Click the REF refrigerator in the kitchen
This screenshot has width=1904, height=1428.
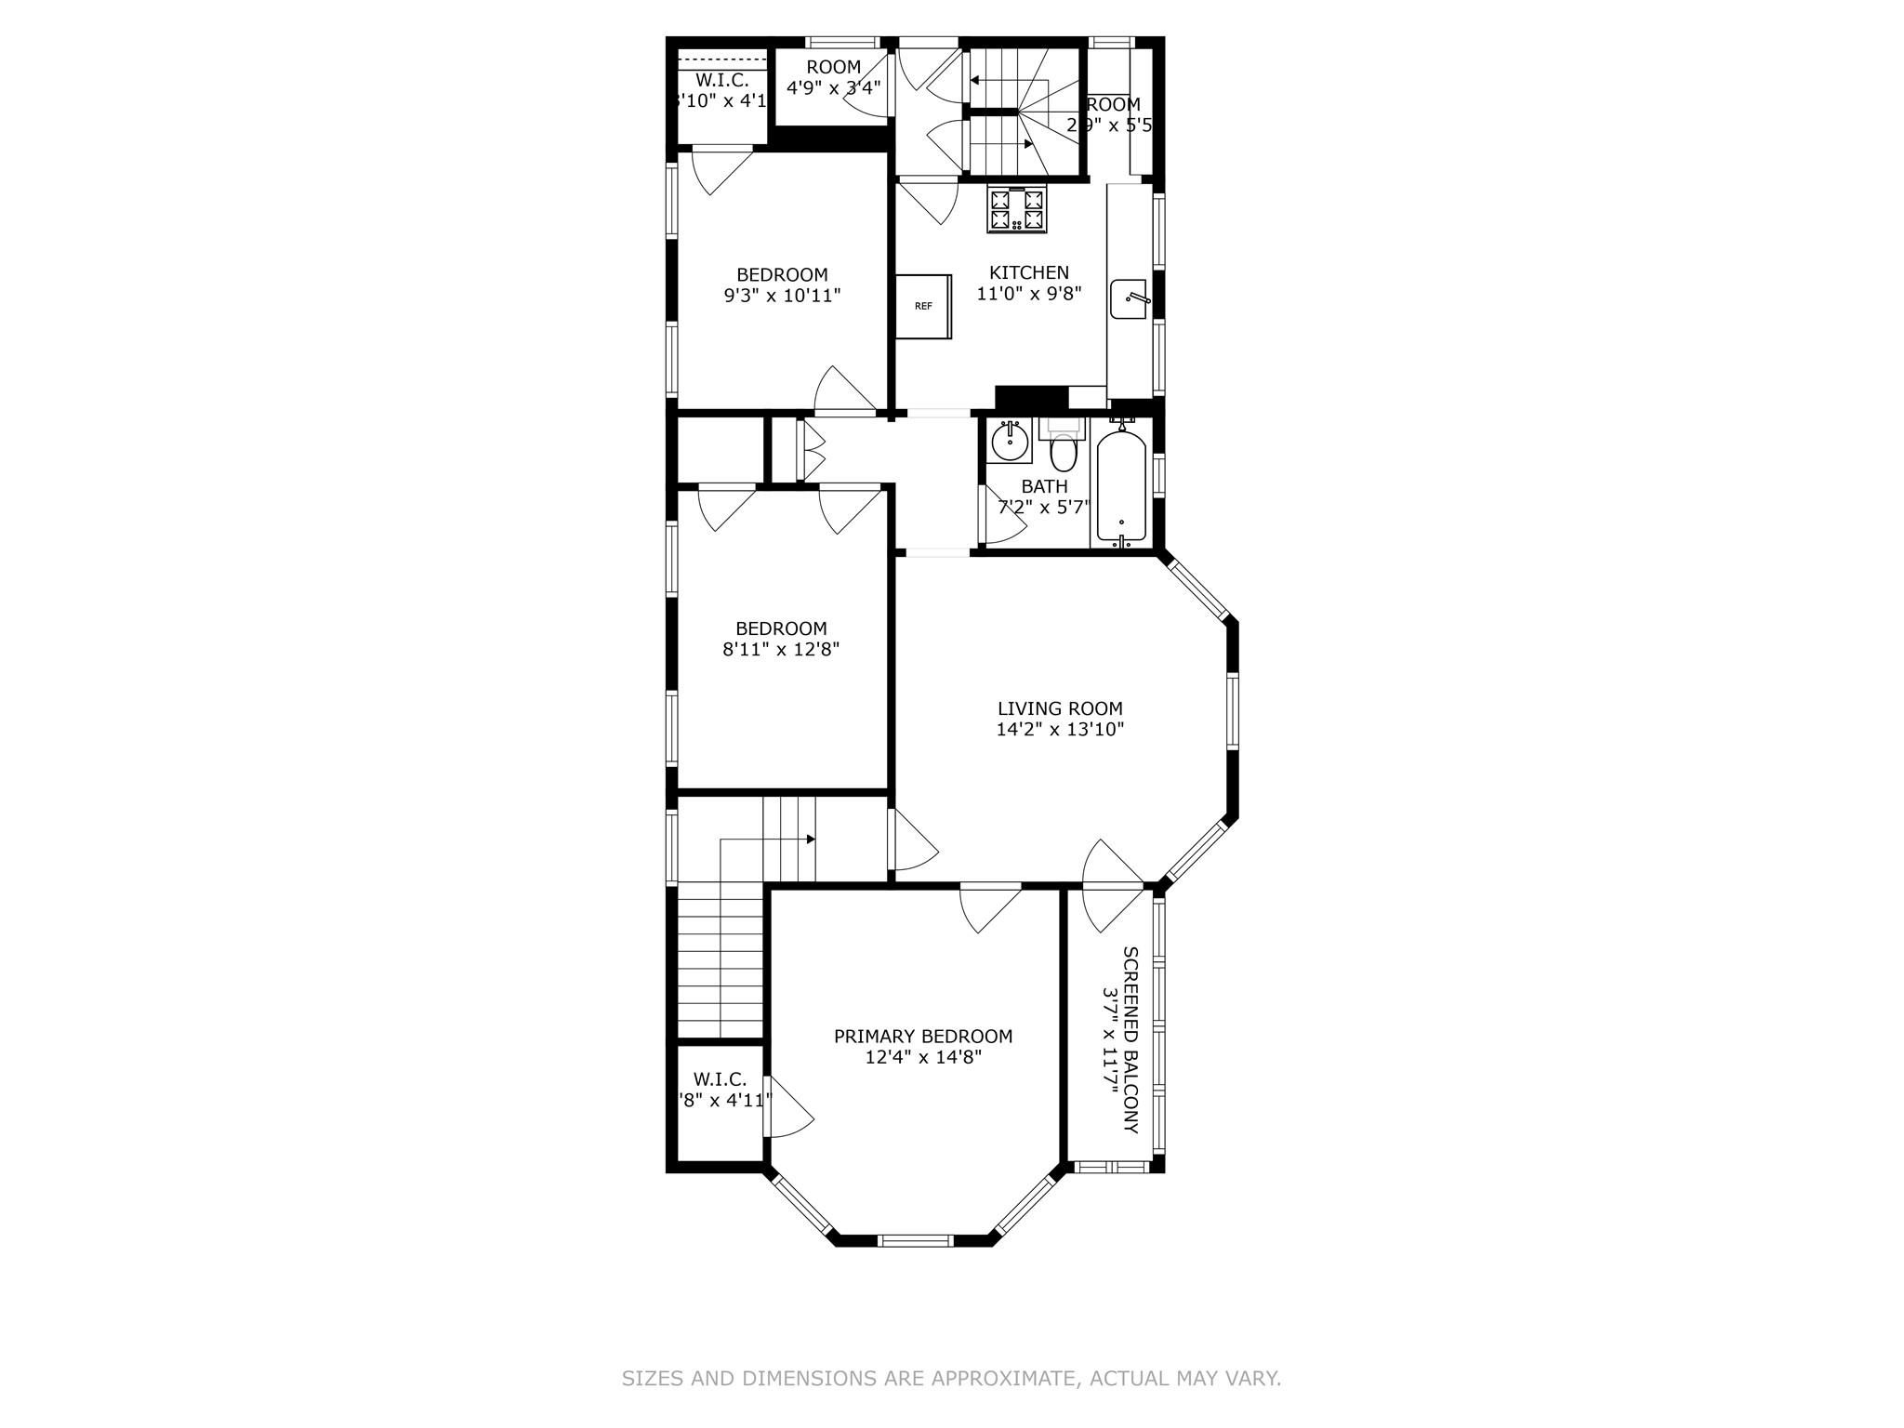point(923,306)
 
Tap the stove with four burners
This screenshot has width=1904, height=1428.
point(1017,209)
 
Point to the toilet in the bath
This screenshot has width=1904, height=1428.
point(1062,452)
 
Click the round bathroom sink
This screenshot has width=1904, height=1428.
point(1009,440)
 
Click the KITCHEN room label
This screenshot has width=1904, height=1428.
point(1028,272)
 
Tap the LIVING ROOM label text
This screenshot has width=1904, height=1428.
point(1060,708)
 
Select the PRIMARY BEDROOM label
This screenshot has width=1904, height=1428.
point(922,1036)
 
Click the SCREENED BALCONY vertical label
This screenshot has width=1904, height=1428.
point(1130,1039)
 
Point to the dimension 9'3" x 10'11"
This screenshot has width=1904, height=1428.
point(782,296)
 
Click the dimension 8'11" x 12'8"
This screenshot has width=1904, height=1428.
point(781,649)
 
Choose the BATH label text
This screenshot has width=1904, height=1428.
point(1044,486)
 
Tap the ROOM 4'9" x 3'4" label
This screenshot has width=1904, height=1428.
point(833,78)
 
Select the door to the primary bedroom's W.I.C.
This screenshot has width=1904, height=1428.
point(787,1107)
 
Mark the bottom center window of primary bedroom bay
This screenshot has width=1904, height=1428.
point(915,1239)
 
